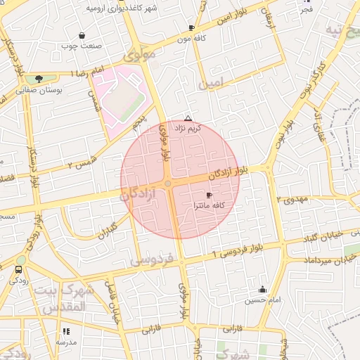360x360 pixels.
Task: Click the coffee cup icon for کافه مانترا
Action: pos(209,195)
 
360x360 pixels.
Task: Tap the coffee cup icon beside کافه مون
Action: pos(191,27)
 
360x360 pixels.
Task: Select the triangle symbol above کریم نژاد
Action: pos(188,118)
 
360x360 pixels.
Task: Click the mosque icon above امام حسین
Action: pos(263,289)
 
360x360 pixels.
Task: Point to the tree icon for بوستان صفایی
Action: pos(38,79)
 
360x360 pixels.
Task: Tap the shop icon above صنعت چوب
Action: pos(82,35)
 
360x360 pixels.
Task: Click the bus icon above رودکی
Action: pos(18,269)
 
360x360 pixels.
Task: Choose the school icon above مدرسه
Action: pos(66,331)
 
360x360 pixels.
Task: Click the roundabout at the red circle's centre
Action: pos(168,184)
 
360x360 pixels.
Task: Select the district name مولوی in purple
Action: pos(139,53)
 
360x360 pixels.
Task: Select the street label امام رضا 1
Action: pos(87,73)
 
